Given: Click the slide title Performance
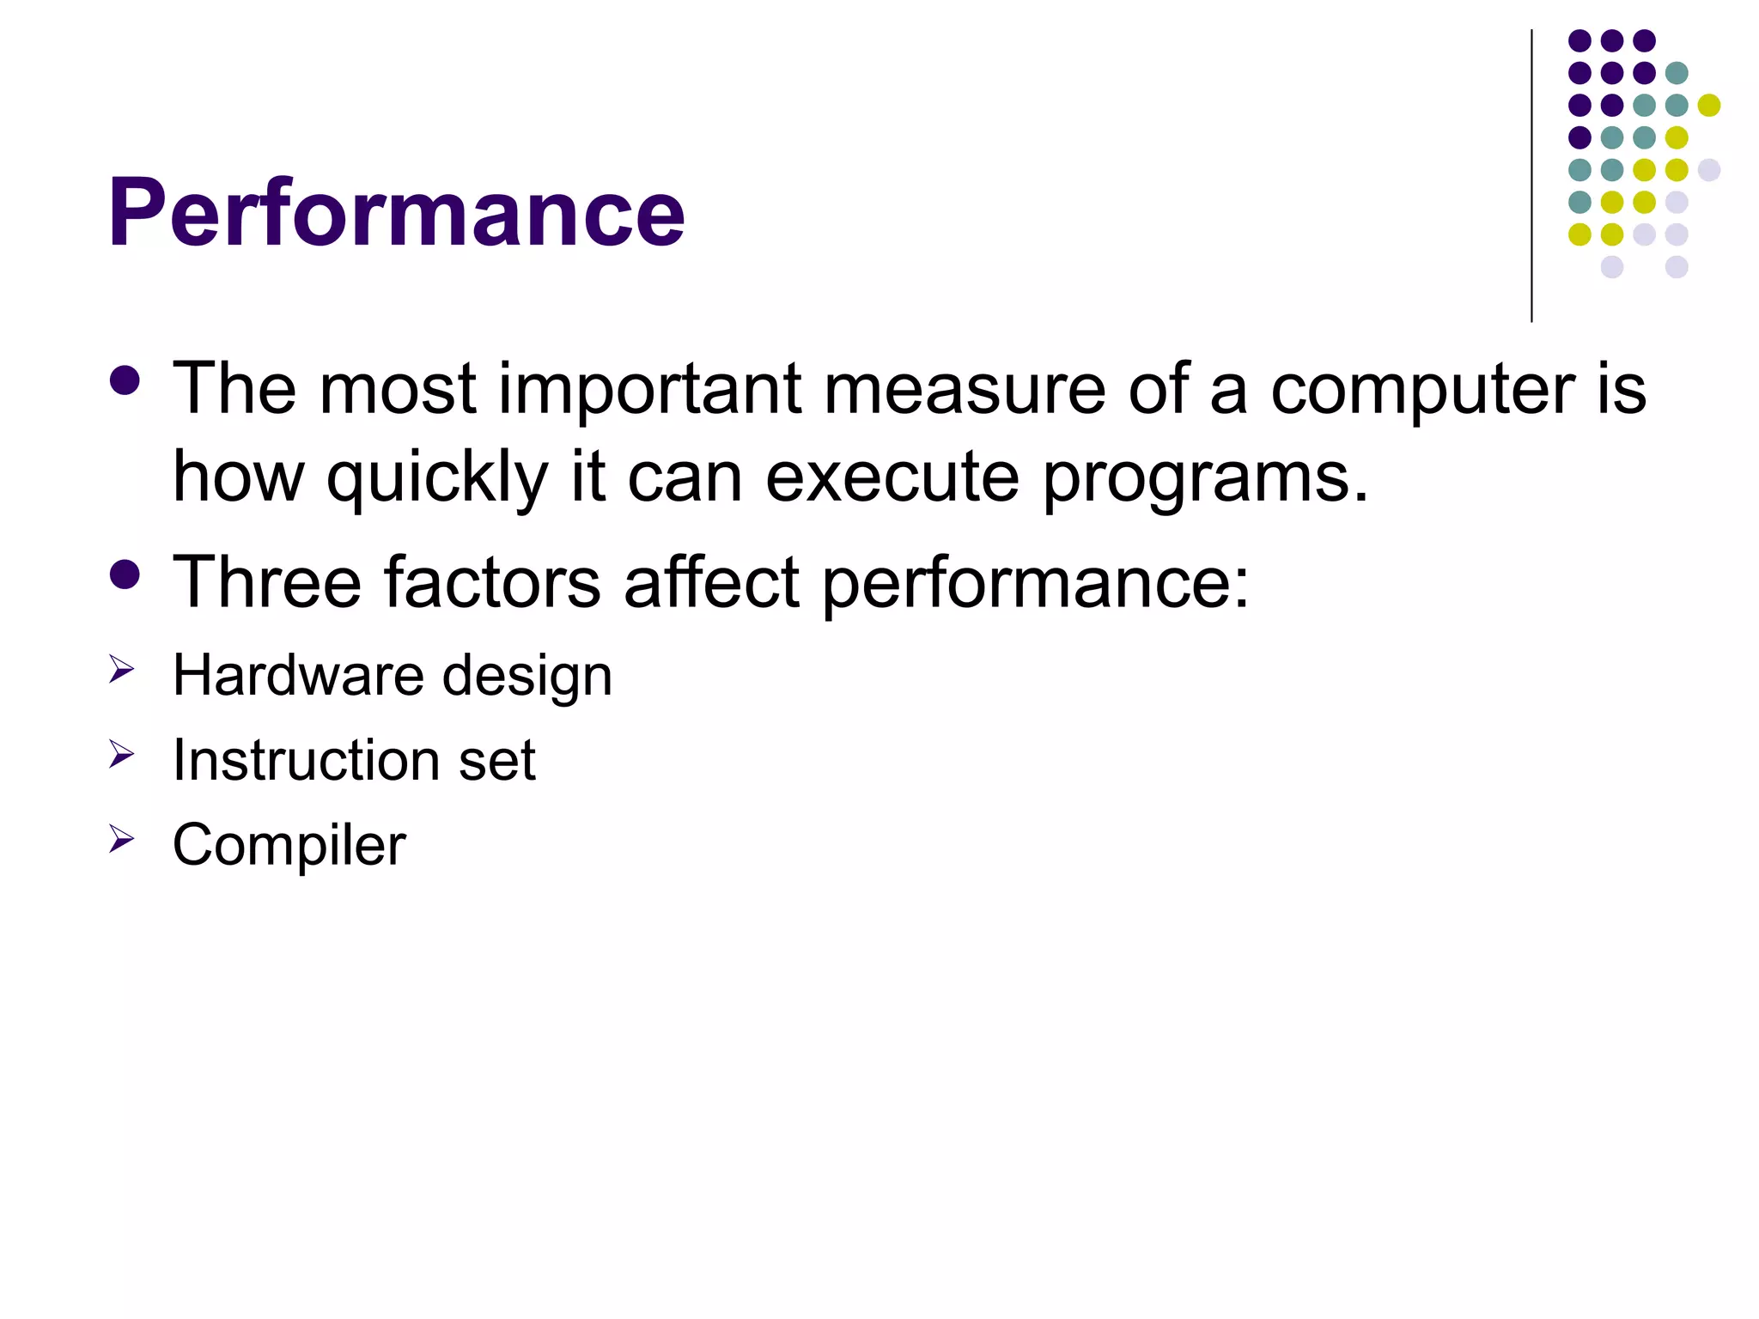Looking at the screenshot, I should pos(396,212).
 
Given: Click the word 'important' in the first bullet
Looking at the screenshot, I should pos(650,389).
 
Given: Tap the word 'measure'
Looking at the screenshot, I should pos(965,389).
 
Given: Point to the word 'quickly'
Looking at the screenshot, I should pos(436,479).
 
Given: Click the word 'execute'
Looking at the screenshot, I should pos(892,477).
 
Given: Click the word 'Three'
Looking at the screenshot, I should pos(267,582).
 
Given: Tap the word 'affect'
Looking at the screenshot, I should pos(712,582).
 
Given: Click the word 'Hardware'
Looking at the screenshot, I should pos(298,675).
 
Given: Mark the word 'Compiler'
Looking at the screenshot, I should pos(289,846).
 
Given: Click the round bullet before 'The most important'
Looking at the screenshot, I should pos(125,381).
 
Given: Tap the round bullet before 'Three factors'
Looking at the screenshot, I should pos(125,574).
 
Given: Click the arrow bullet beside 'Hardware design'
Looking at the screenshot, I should pos(122,669).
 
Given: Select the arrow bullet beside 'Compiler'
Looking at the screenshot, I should pos(122,839).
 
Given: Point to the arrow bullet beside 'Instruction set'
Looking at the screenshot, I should pos(122,755).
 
